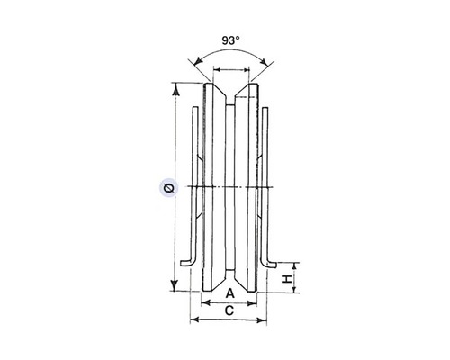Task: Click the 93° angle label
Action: click(230, 40)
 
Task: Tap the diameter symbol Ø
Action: click(169, 188)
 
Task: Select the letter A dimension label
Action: click(229, 293)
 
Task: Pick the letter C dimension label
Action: click(229, 310)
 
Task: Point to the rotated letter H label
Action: click(287, 279)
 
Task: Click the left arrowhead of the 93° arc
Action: click(198, 61)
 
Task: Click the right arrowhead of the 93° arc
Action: click(264, 61)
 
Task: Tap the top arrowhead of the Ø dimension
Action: click(176, 89)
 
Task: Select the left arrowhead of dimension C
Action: click(194, 319)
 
